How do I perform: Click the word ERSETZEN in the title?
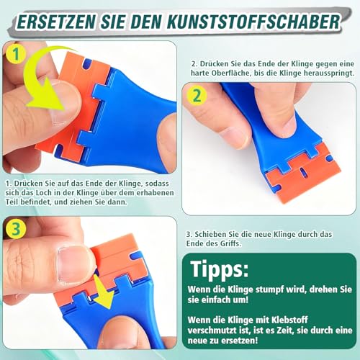pyautogui.click(x=53, y=19)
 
